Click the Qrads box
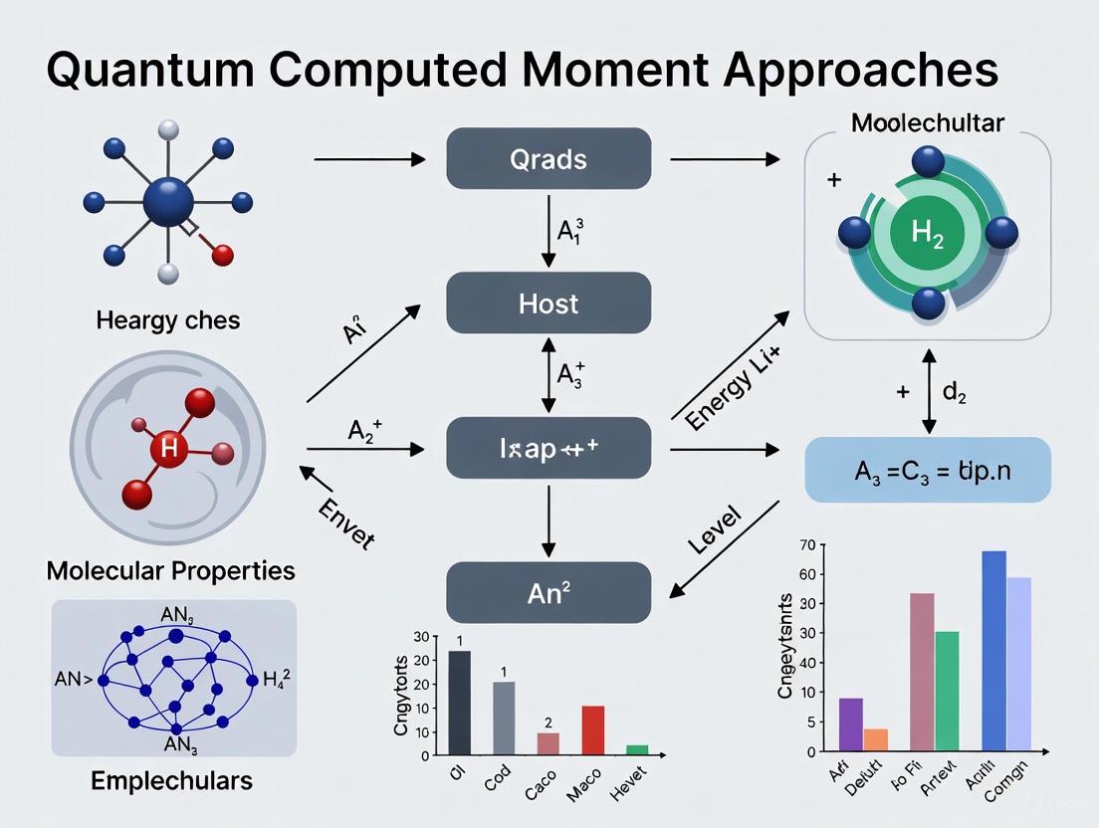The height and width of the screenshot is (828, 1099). click(549, 159)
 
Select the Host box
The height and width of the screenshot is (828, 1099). click(549, 304)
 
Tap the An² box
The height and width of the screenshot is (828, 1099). click(549, 593)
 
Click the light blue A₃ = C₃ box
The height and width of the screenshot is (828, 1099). click(927, 470)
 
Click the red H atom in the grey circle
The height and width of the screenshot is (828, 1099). click(168, 450)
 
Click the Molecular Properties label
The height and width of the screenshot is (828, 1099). click(170, 571)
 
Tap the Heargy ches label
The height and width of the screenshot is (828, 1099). click(168, 320)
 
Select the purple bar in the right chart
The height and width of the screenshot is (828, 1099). click(851, 724)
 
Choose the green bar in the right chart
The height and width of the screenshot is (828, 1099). click(947, 690)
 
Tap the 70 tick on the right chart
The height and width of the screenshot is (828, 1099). click(806, 544)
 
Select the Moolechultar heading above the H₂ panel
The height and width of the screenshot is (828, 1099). click(927, 123)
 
